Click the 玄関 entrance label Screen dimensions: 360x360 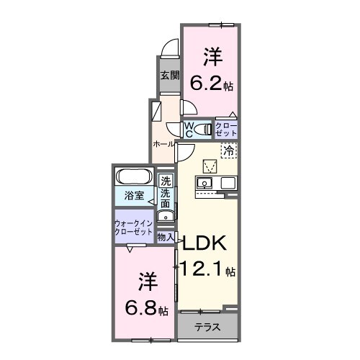[168, 75]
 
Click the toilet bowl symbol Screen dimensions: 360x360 [175, 128]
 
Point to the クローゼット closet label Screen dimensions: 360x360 [226, 130]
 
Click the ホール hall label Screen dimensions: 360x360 [162, 144]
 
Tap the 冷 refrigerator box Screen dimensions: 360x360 [230, 150]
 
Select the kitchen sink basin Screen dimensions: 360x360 [204, 184]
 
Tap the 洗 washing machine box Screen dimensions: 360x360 [166, 181]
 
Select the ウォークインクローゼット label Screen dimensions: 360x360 [133, 228]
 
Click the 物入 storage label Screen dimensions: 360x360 [166, 236]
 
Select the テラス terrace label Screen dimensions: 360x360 [208, 327]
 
